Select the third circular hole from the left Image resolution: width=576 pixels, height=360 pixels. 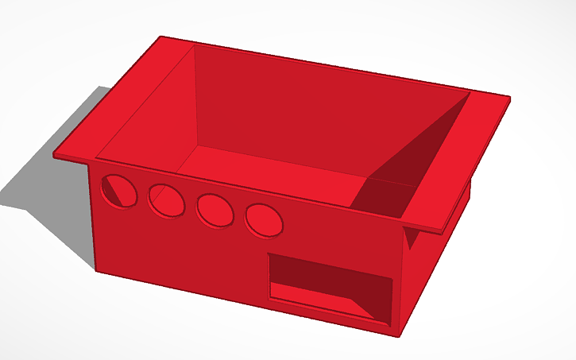click(215, 210)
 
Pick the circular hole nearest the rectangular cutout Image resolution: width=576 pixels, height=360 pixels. click(264, 219)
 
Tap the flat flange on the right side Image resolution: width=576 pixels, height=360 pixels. click(461, 159)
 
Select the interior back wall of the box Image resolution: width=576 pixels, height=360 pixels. click(318, 103)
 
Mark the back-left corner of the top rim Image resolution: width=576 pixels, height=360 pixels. click(161, 37)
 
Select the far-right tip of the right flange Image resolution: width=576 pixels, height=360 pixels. click(509, 99)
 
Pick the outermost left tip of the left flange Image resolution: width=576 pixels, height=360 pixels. click(54, 154)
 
